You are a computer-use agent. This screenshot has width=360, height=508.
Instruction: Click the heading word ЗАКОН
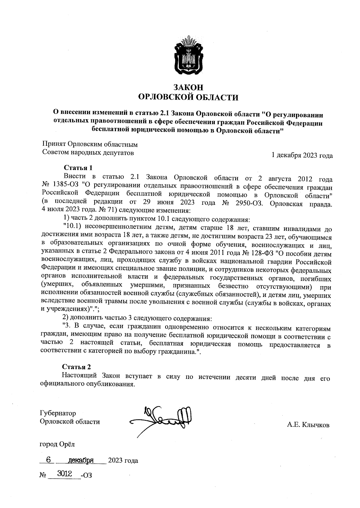tap(188, 87)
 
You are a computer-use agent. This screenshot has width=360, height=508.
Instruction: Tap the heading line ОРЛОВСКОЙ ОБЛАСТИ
tap(188, 97)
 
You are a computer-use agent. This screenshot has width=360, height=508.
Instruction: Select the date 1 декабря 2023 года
tap(302, 156)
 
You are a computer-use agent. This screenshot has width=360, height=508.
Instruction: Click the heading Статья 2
tap(76, 367)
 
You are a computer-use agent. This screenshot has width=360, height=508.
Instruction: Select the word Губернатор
tap(58, 413)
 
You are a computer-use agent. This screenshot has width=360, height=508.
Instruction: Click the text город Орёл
tap(57, 444)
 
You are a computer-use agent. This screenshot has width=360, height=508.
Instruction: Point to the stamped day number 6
tap(47, 460)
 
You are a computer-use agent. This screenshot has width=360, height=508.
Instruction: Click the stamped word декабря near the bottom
tap(81, 460)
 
